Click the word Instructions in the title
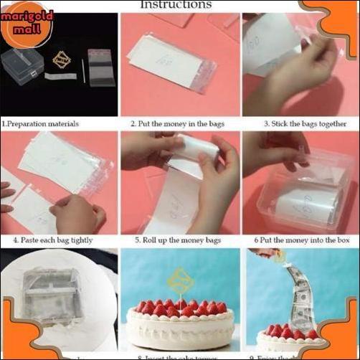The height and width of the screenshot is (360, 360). [x=176, y=5]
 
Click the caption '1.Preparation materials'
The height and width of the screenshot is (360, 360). [x=40, y=123]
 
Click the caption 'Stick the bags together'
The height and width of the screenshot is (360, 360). [x=300, y=123]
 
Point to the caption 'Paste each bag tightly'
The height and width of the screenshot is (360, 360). [x=53, y=240]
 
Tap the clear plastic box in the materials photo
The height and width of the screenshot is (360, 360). [x=22, y=65]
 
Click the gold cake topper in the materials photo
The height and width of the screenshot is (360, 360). [x=62, y=60]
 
